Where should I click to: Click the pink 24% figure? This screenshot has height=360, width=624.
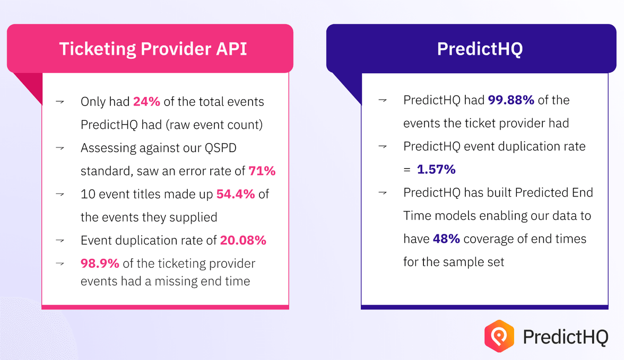[146, 102]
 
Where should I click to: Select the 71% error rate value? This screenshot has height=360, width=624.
[262, 171]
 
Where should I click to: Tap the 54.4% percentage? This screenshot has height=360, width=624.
[236, 194]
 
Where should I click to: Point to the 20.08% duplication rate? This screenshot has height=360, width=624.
[243, 240]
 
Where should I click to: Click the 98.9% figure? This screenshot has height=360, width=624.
[100, 264]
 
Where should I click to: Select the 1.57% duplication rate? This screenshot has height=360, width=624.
[436, 170]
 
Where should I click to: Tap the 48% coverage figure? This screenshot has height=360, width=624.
[446, 239]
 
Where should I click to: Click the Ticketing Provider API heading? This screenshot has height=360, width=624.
[153, 49]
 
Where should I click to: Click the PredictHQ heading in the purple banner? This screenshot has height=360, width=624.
[480, 49]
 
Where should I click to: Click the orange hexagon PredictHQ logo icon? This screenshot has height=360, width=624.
[499, 336]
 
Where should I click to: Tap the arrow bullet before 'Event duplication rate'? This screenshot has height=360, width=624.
[60, 240]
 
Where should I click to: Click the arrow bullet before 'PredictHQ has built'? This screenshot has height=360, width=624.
[383, 192]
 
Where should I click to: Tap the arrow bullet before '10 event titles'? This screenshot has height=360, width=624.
[60, 194]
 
